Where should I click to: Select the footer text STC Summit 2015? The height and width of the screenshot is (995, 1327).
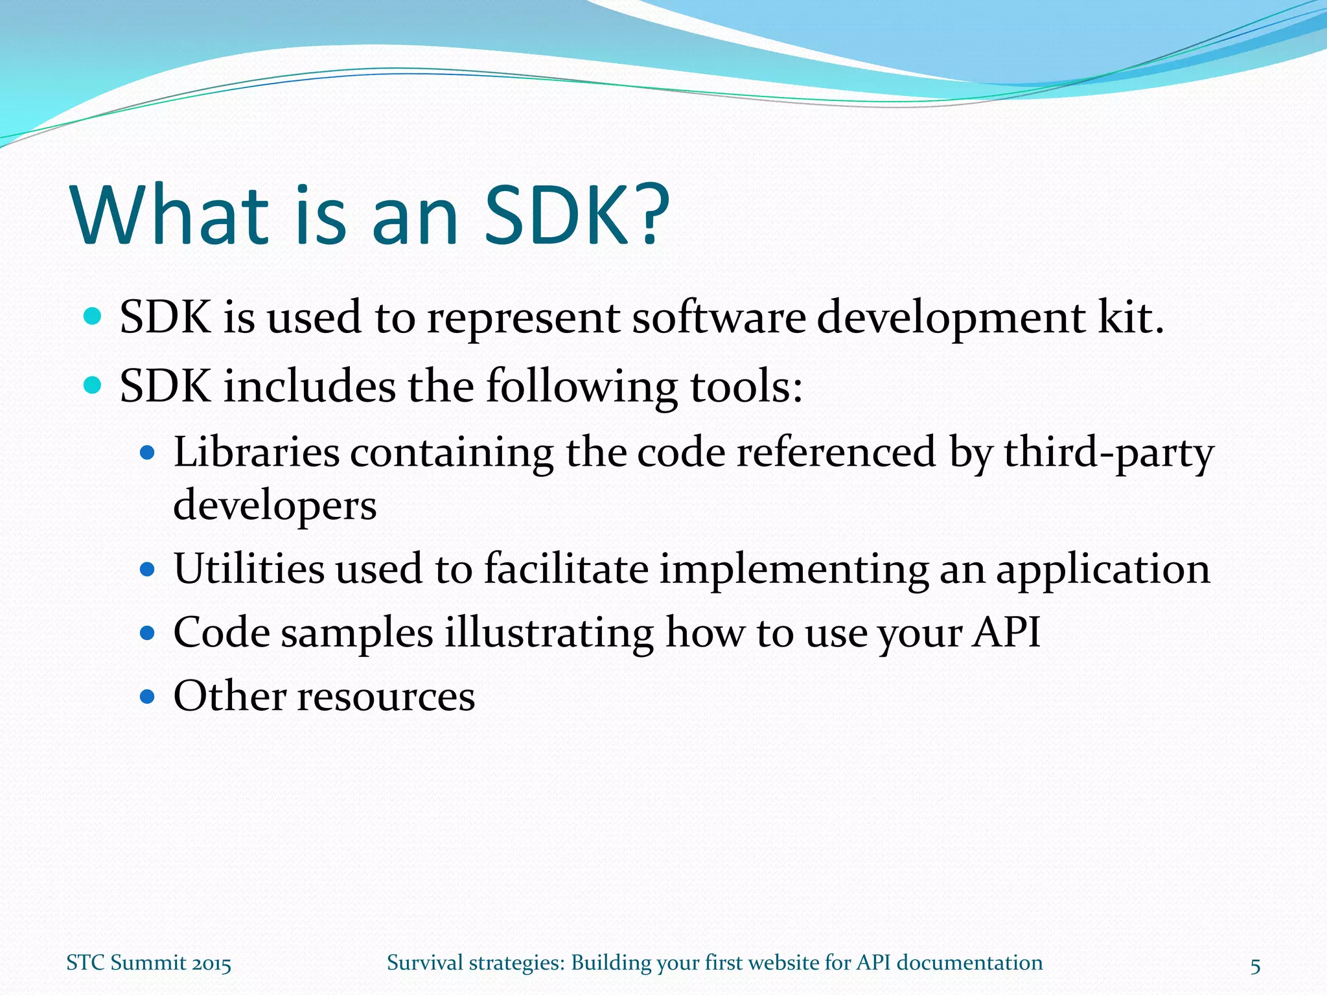pos(148,963)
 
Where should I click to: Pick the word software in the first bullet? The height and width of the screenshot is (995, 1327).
pos(719,319)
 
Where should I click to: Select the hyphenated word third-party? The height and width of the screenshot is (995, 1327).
pos(1109,453)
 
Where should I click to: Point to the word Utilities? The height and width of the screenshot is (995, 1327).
pos(249,569)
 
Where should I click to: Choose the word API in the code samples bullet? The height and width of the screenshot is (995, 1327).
pos(1006,632)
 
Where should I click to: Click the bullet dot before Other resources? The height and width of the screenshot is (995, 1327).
pos(148,697)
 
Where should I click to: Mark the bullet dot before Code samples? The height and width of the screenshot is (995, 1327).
pos(148,633)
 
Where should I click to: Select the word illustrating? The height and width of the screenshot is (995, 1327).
pos(549,633)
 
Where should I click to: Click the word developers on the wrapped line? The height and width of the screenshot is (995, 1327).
pos(275,506)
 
